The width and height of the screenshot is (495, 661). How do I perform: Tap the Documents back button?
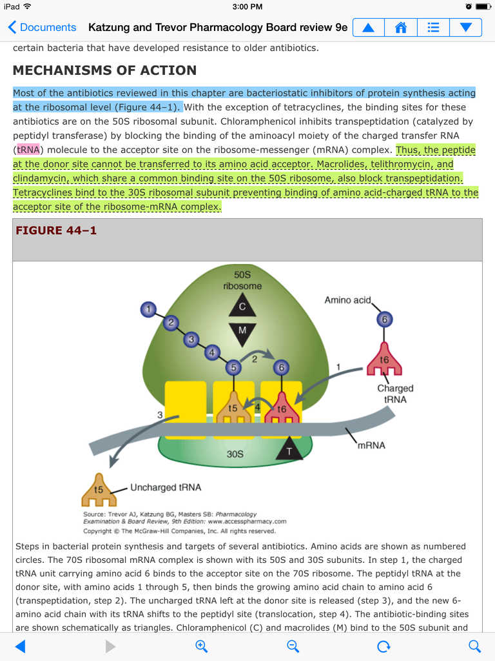pyautogui.click(x=42, y=27)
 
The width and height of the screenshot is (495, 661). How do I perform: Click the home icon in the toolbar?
pyautogui.click(x=401, y=28)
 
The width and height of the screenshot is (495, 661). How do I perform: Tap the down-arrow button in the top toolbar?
pyautogui.click(x=465, y=28)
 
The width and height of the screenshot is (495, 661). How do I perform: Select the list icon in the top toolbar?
pyautogui.click(x=433, y=28)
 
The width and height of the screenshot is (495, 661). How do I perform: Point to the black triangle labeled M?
pyautogui.click(x=242, y=332)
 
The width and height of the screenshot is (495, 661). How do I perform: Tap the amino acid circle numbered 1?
pyautogui.click(x=149, y=310)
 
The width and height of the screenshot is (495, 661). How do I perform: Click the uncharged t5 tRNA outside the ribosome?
pyautogui.click(x=99, y=491)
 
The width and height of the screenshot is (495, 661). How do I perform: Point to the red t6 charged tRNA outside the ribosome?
pyautogui.click(x=384, y=362)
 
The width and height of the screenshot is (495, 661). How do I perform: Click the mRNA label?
pyautogui.click(x=371, y=445)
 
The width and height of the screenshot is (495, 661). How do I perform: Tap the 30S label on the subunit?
pyautogui.click(x=235, y=454)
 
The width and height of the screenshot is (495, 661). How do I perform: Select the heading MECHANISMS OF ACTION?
pyautogui.click(x=104, y=70)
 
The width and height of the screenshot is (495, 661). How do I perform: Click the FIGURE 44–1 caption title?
pyautogui.click(x=56, y=230)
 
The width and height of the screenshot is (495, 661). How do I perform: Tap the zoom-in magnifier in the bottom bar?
pyautogui.click(x=201, y=646)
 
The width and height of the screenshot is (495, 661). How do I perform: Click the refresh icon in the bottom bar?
pyautogui.click(x=383, y=646)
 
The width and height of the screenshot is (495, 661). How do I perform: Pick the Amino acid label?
pyautogui.click(x=347, y=300)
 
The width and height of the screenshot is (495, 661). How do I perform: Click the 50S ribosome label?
pyautogui.click(x=242, y=280)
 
